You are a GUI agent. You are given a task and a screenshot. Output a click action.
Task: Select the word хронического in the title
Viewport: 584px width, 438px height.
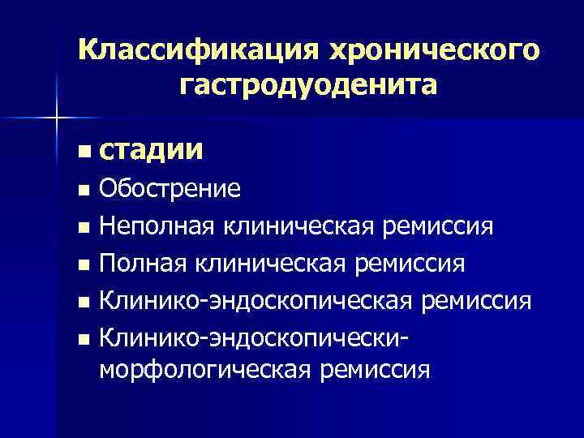click(432, 50)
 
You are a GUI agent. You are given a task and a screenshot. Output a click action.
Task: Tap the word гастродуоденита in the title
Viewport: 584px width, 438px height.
click(308, 84)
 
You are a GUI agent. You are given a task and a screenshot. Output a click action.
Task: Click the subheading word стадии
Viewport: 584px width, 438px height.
click(151, 151)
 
